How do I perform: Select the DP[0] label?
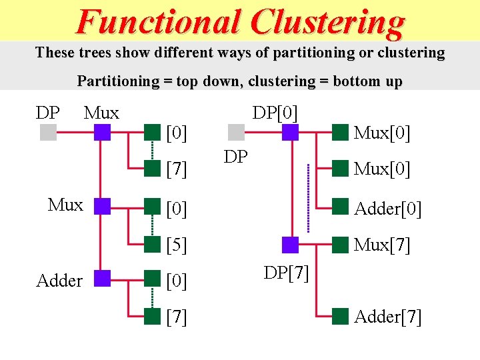point(275,113)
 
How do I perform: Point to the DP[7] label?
point(286,273)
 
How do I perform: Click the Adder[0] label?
point(387,209)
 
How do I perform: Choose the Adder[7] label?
point(387,317)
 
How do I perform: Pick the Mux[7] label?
point(382,245)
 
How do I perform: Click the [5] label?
point(176,245)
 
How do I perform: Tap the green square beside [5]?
point(153,245)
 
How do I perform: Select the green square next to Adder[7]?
point(341,316)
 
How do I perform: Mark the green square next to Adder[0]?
point(341,205)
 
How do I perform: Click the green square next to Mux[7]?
point(341,245)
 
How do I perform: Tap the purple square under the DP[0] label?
point(290,133)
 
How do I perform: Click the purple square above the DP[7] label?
point(290,245)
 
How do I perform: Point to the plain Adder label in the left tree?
point(59,281)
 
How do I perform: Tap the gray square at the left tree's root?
point(48,133)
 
